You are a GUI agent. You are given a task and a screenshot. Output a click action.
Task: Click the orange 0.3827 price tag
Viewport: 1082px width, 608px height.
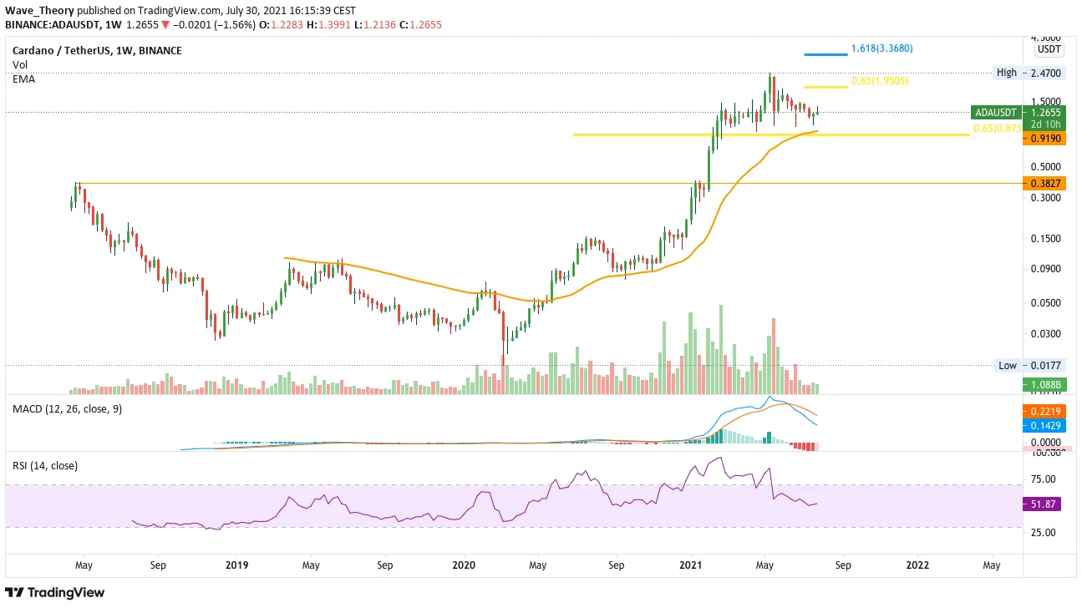pos(1045,184)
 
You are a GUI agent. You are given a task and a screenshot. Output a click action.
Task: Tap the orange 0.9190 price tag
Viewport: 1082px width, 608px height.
pos(1045,137)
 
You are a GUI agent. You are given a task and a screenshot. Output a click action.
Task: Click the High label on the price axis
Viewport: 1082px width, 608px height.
pos(1007,73)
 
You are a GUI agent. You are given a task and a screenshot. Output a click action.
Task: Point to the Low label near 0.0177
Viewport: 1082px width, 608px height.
pos(1008,365)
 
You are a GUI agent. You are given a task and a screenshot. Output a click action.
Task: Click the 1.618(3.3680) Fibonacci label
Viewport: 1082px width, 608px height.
pos(881,48)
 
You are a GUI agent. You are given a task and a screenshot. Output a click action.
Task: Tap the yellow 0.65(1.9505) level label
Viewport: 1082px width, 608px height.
pos(879,81)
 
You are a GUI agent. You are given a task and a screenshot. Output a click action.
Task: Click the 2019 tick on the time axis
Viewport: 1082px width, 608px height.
pos(236,565)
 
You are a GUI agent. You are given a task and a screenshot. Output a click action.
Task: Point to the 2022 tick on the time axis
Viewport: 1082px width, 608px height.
pos(917,565)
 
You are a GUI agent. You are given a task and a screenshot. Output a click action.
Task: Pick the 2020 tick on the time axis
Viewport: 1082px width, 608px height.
pos(464,565)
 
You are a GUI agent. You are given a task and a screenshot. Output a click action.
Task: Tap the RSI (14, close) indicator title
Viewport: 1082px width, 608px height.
pos(45,465)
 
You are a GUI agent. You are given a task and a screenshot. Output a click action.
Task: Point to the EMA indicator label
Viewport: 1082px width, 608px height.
pos(23,78)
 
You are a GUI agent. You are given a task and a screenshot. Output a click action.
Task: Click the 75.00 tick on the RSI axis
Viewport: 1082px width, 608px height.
pos(1044,479)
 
